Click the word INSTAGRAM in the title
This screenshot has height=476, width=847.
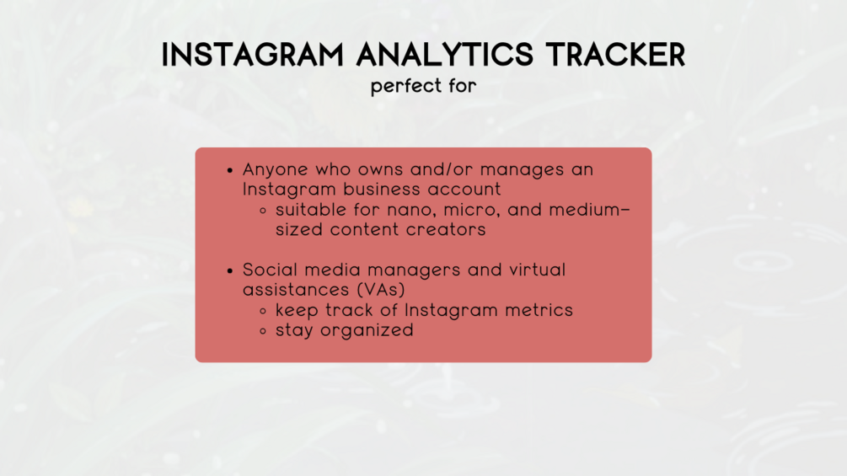253,55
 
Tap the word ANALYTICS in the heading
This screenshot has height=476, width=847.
444,55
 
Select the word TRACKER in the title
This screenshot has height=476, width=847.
615,55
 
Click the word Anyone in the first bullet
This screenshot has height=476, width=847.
275,170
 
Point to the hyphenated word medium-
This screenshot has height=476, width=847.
589,210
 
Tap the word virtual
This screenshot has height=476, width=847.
537,270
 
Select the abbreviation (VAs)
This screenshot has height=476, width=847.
381,291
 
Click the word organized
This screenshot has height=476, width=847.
367,331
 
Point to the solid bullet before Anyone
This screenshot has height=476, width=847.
230,170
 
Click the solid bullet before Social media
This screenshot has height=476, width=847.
230,270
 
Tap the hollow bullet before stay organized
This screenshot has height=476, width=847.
263,331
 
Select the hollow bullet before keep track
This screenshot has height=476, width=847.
263,311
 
